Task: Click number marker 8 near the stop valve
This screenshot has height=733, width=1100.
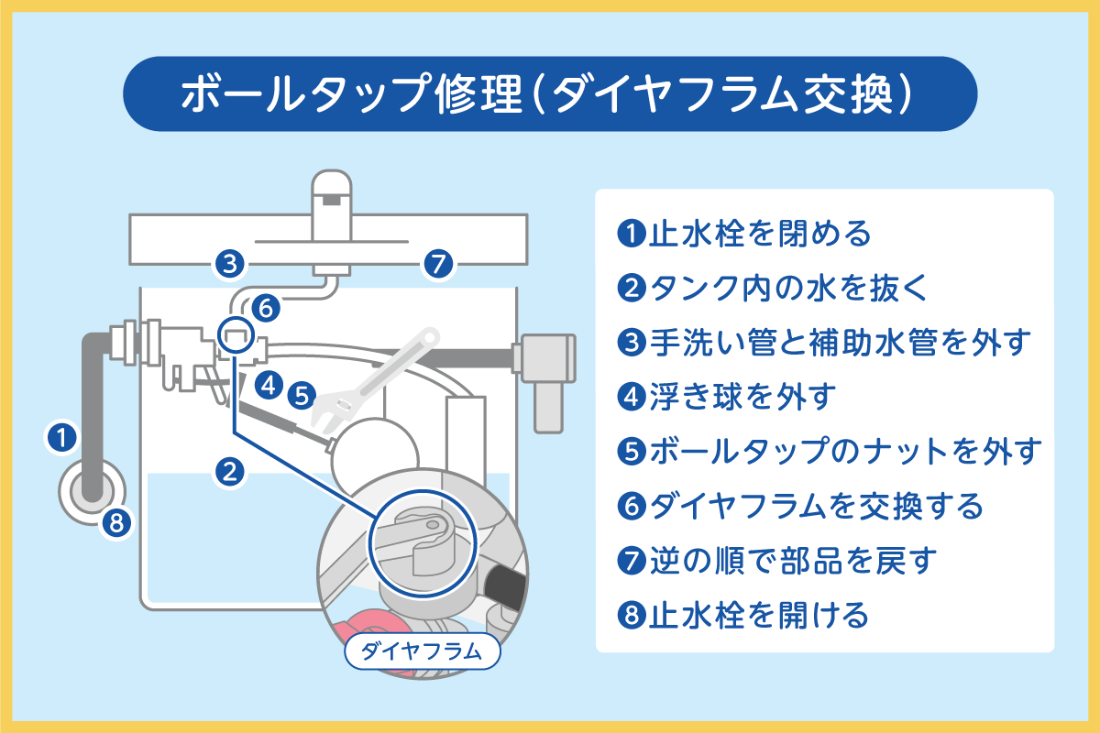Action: click(x=115, y=523)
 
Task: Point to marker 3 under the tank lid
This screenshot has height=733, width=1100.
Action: click(x=229, y=265)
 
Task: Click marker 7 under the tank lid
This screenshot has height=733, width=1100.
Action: click(x=438, y=265)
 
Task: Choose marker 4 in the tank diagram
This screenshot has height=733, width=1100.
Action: click(x=268, y=385)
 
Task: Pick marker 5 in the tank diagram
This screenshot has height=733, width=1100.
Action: click(x=301, y=396)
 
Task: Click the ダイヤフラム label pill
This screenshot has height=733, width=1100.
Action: click(x=422, y=652)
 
